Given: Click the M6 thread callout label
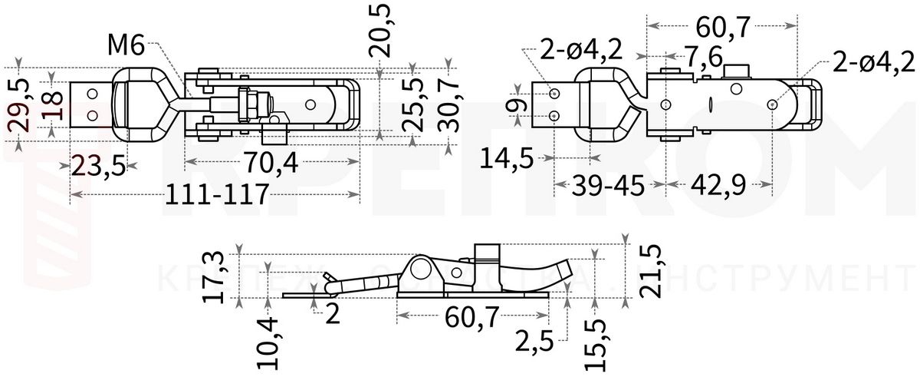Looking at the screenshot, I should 126,46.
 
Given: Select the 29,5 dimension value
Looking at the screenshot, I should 18,104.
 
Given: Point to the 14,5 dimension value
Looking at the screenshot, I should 505,158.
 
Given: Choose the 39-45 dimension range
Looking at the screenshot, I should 608,187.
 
